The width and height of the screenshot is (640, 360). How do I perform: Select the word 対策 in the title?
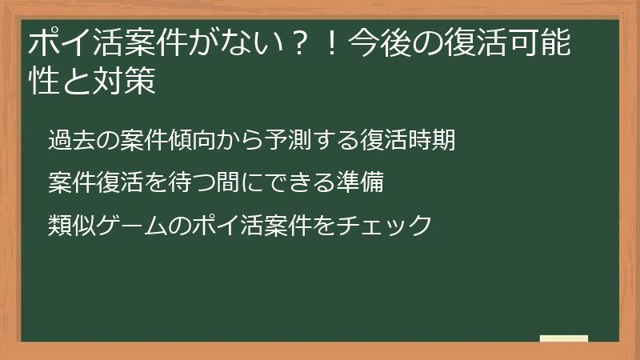[x=129, y=83]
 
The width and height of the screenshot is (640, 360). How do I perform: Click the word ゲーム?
[x=129, y=225]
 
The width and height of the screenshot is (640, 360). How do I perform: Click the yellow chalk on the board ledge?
[x=563, y=338]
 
